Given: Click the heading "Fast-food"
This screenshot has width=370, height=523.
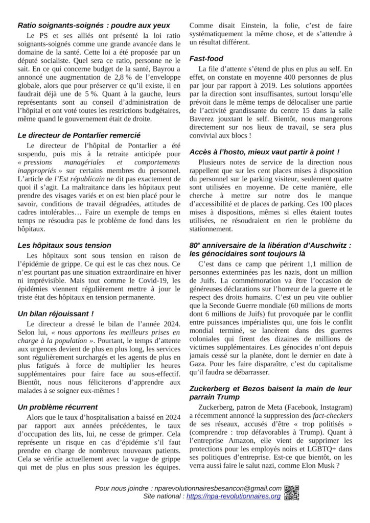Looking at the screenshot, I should click(x=206, y=59).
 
